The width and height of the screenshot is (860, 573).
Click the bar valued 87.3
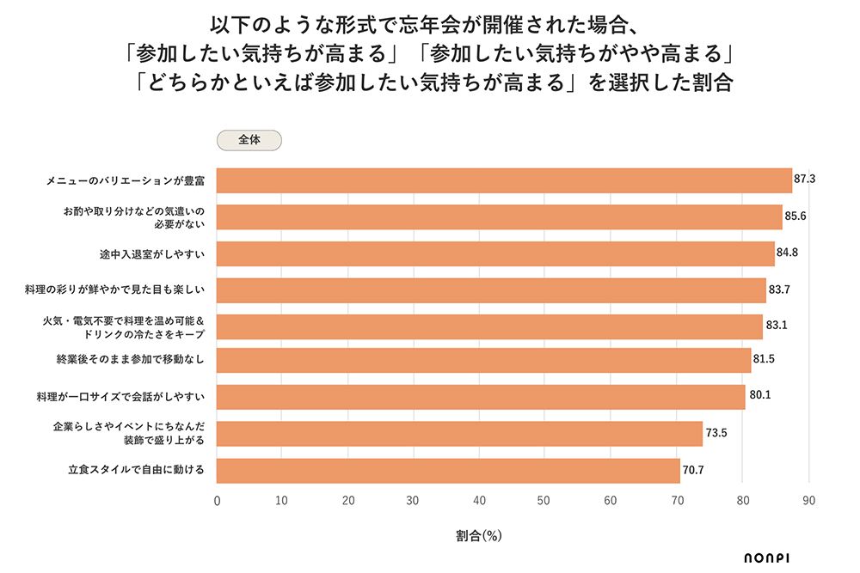(503, 180)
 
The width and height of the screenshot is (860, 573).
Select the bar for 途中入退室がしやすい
(494, 254)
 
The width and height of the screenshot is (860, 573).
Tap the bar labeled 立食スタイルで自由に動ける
(447, 471)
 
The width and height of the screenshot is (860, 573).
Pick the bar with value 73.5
(459, 435)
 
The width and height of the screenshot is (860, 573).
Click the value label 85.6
(795, 216)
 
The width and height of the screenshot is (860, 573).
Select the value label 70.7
(693, 471)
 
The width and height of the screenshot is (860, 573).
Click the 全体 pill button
(249, 140)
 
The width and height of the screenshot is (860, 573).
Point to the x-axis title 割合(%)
(478, 535)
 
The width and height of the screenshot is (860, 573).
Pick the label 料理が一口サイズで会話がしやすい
(120, 398)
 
